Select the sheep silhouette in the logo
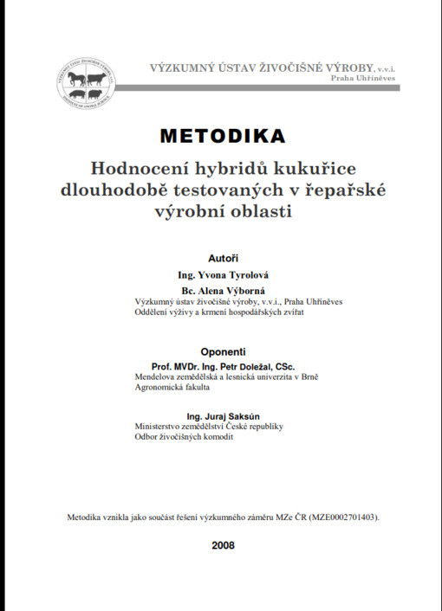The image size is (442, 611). [97, 93]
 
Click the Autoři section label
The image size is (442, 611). [223, 258]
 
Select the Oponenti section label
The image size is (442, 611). [223, 352]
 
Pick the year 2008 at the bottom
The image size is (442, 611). [222, 545]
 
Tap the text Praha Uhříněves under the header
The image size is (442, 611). [363, 78]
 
